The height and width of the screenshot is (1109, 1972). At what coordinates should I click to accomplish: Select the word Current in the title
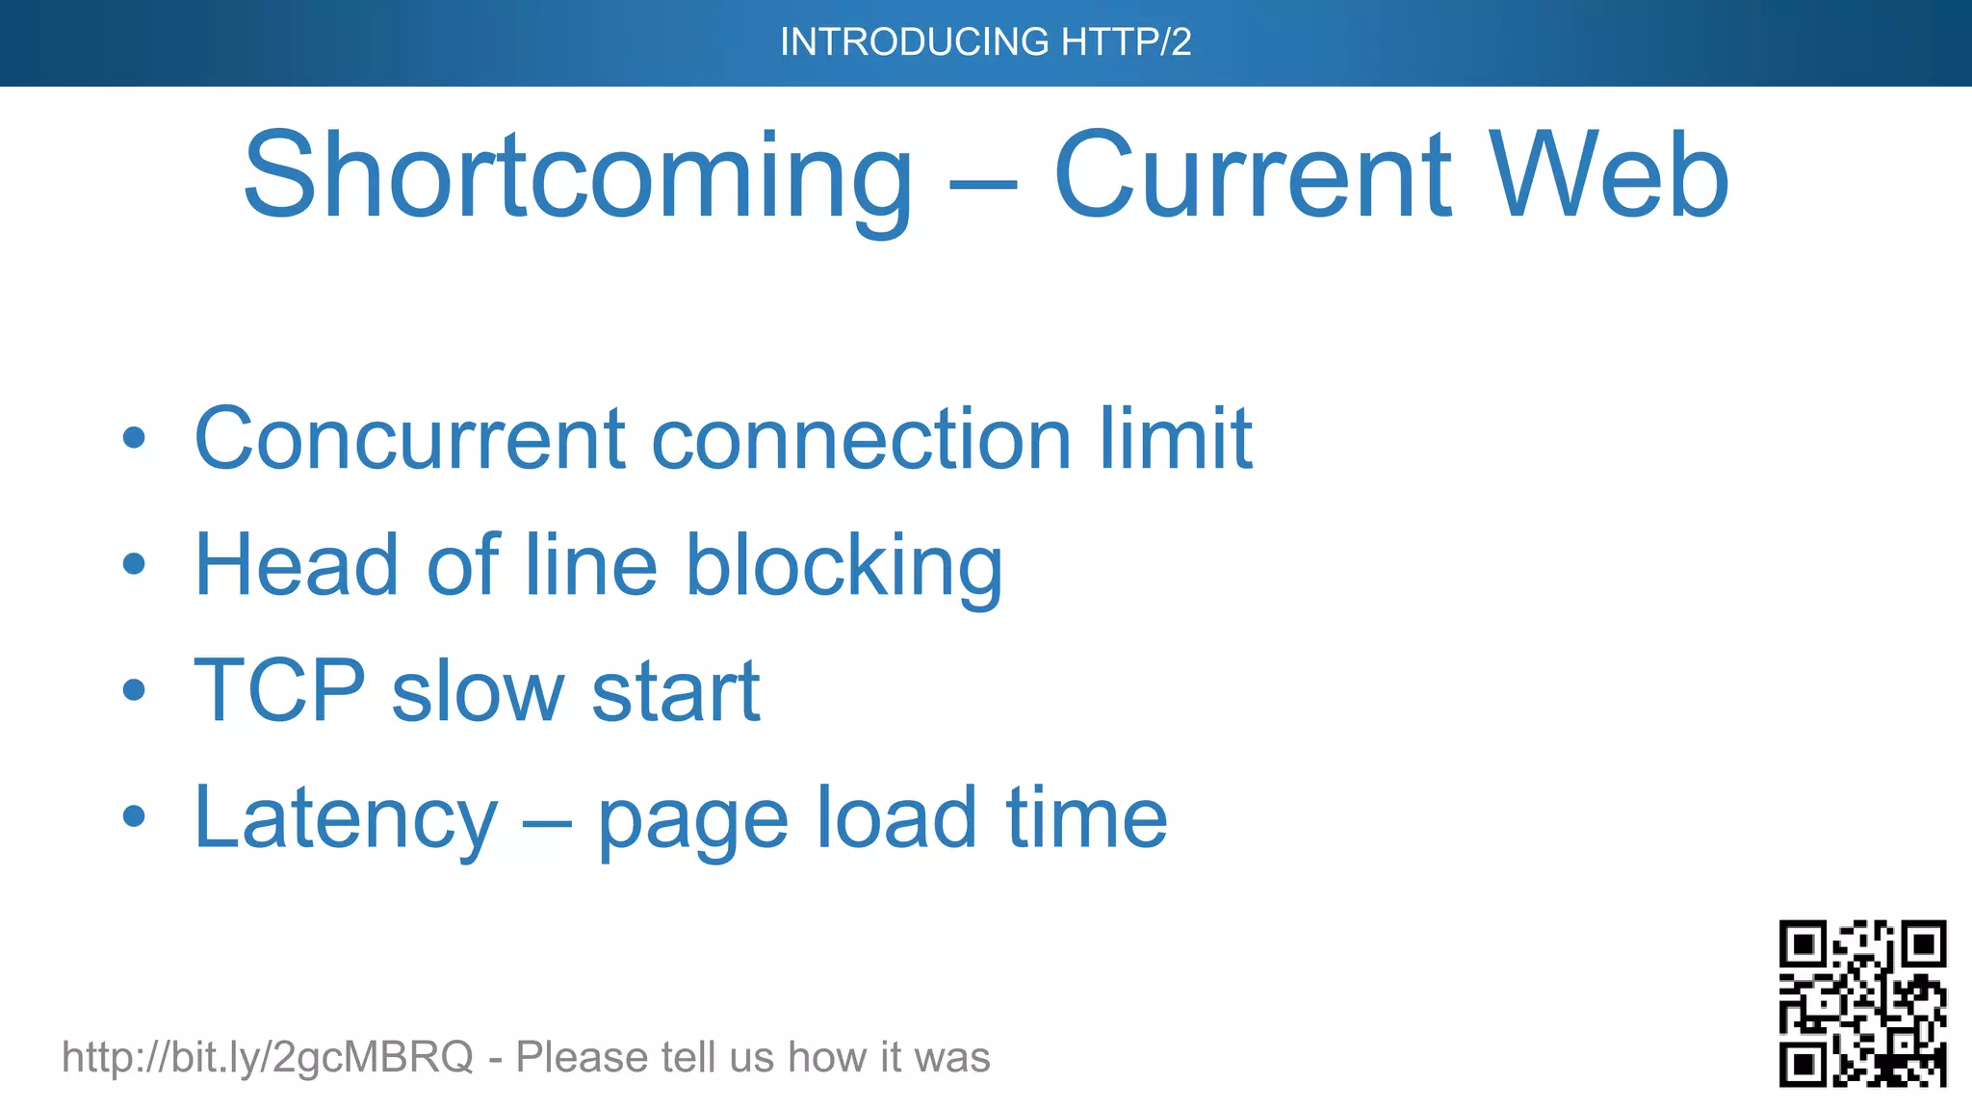pos(1253,178)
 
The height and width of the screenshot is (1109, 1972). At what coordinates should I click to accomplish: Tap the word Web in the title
pos(1610,178)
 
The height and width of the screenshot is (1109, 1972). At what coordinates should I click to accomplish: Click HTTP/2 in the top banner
pos(1126,42)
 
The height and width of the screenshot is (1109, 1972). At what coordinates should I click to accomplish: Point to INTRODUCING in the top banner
pos(914,42)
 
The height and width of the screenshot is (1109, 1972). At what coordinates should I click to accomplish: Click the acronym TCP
pos(279,690)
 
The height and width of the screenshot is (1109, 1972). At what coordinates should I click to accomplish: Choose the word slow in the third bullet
pos(478,690)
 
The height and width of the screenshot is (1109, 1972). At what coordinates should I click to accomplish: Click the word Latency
pos(346,818)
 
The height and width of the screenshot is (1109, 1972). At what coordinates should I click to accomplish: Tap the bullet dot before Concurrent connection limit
pos(135,440)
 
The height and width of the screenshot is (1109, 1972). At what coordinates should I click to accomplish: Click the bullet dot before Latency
pos(135,817)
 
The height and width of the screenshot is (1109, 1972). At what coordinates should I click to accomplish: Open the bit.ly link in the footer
pos(268,1057)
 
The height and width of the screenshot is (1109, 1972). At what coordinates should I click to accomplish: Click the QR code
pos(1862,1003)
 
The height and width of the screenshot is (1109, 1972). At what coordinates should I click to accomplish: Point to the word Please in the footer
pos(581,1057)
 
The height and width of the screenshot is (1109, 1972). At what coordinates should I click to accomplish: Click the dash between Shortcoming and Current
pos(982,183)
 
